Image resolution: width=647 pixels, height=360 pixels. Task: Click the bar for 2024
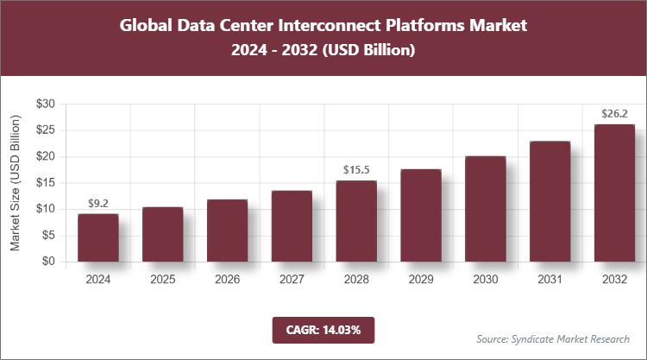pyautogui.click(x=97, y=237)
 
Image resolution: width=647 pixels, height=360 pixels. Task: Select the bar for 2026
pyautogui.click(x=227, y=231)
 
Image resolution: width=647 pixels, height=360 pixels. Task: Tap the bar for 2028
pyautogui.click(x=356, y=221)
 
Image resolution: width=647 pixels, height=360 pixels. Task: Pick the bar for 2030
pyautogui.click(x=485, y=209)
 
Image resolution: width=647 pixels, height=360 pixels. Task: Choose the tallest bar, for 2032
pyautogui.click(x=614, y=193)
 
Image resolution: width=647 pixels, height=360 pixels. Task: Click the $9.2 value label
pyautogui.click(x=97, y=204)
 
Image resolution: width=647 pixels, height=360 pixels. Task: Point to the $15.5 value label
pyautogui.click(x=356, y=171)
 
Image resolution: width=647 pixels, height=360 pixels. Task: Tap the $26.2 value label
pyautogui.click(x=614, y=114)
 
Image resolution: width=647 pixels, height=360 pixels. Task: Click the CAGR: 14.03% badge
pyautogui.click(x=323, y=329)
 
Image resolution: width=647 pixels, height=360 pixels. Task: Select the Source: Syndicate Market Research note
pyautogui.click(x=553, y=338)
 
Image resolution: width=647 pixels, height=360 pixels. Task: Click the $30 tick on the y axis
pyautogui.click(x=46, y=104)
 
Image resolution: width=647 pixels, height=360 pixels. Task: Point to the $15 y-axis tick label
pyautogui.click(x=46, y=182)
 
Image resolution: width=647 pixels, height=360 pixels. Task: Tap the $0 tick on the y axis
pyautogui.click(x=49, y=262)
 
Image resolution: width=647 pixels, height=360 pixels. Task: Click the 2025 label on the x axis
pyautogui.click(x=162, y=280)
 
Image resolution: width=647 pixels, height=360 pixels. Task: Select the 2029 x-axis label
pyautogui.click(x=420, y=280)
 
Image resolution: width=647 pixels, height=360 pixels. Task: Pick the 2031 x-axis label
pyautogui.click(x=550, y=280)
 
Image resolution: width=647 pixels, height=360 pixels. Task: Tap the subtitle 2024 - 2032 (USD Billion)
pyautogui.click(x=323, y=51)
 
